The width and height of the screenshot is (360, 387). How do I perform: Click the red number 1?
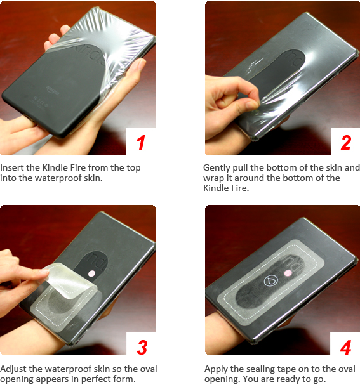(x=141, y=142)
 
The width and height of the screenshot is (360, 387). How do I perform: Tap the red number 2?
(x=345, y=142)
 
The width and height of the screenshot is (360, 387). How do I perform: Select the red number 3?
(x=142, y=347)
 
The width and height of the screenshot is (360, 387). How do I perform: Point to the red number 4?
(x=345, y=347)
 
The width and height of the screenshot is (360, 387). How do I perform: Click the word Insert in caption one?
(x=12, y=167)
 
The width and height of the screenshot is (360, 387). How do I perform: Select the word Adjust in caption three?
(x=13, y=369)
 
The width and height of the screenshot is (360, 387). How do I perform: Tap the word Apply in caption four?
(x=216, y=369)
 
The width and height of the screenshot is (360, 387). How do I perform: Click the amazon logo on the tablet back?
(x=53, y=91)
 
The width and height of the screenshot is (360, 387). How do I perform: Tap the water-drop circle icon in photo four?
(x=271, y=280)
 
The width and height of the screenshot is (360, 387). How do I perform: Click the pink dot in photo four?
(x=288, y=273)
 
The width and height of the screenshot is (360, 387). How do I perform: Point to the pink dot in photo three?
(x=91, y=273)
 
